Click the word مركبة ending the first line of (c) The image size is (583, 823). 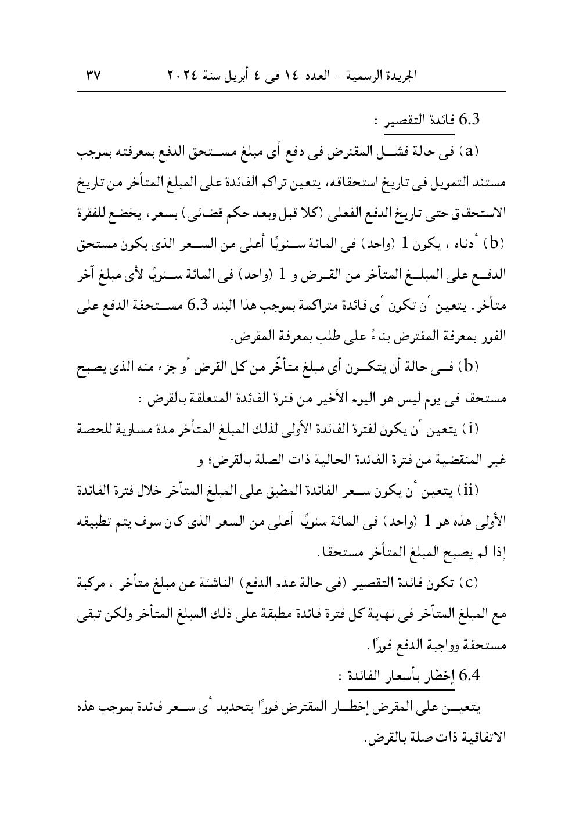(490, 583)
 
